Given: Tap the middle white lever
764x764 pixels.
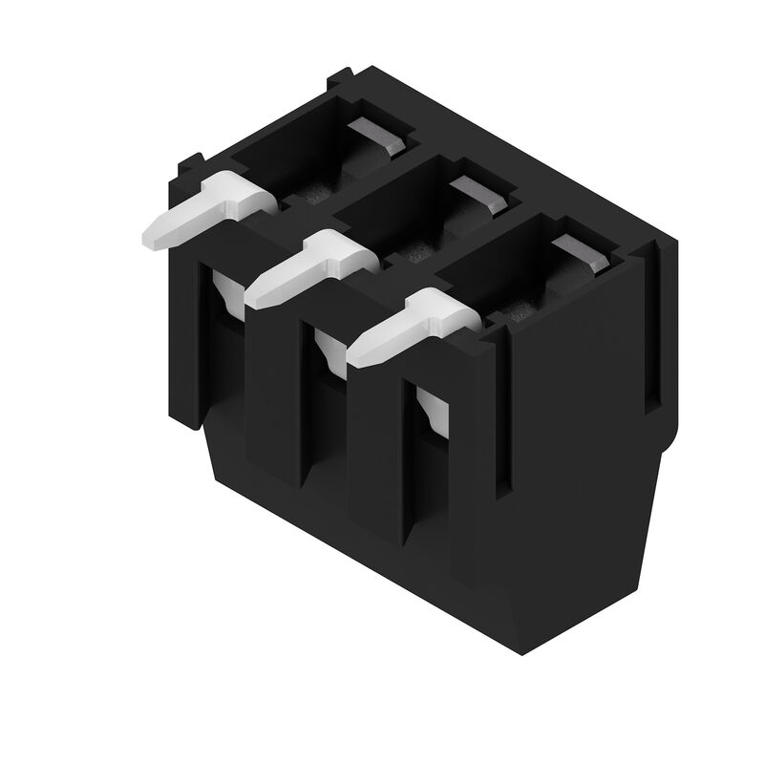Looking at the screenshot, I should [310, 266].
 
